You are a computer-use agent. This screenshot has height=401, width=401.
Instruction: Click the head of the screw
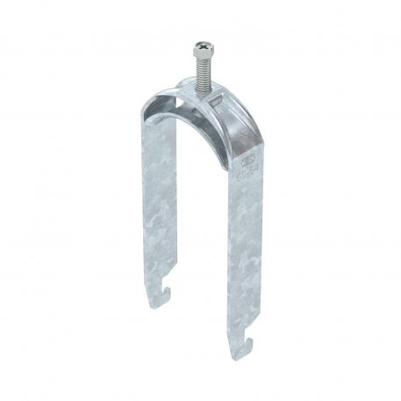[x=201, y=46]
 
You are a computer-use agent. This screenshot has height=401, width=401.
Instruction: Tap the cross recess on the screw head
[x=201, y=42]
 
